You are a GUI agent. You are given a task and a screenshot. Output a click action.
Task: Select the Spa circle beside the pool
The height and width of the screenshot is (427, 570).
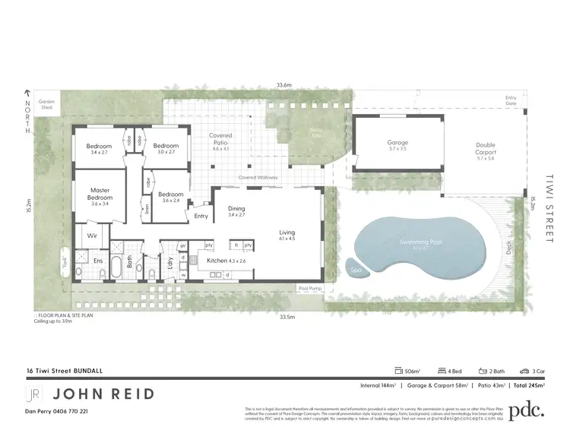[x=354, y=269]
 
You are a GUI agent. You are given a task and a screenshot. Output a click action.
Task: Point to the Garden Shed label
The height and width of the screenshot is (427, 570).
[x=48, y=104]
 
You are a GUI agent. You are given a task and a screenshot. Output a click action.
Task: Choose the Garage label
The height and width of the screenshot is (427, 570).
[x=397, y=142]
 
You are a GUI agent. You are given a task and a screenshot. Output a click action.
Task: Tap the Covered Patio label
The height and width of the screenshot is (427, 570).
[x=220, y=138]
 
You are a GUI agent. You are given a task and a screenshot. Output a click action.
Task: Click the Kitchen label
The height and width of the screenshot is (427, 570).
[x=217, y=261]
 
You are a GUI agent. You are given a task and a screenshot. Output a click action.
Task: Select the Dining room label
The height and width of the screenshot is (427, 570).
[x=236, y=208]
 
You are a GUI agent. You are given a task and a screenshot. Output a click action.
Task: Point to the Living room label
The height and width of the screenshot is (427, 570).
[x=287, y=232]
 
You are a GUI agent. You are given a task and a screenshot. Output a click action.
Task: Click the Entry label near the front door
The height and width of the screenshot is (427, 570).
[x=201, y=217]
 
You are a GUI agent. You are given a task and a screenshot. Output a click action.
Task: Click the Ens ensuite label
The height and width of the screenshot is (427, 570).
[x=97, y=261]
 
